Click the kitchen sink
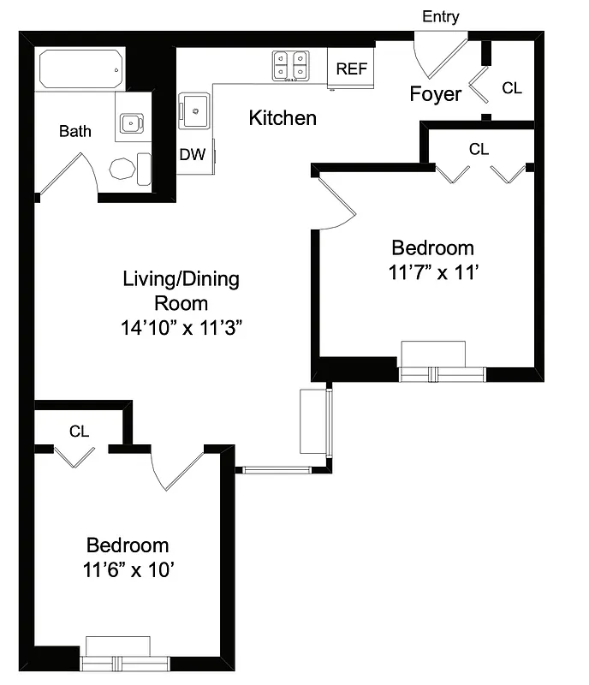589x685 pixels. click(194, 110)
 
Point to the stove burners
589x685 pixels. click(290, 66)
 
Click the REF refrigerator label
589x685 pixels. click(351, 69)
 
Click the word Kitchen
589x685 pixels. click(282, 118)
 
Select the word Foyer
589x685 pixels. click(436, 93)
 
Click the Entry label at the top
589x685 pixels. click(441, 16)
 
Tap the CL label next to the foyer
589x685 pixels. click(511, 88)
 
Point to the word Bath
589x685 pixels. click(74, 132)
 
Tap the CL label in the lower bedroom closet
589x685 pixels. click(80, 431)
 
